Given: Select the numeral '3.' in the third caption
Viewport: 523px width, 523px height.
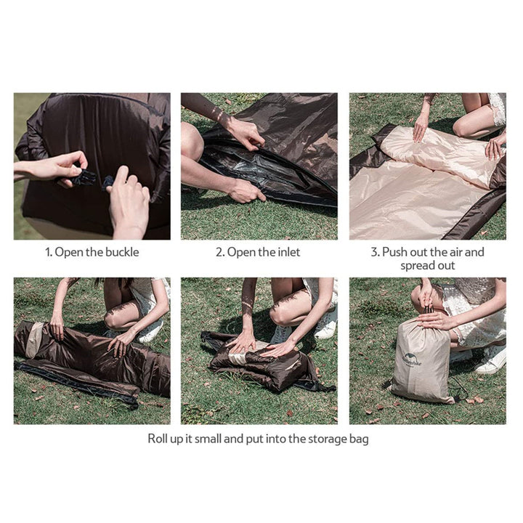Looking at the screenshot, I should pyautogui.click(x=376, y=252).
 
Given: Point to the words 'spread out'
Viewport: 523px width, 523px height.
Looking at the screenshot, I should pyautogui.click(x=427, y=266).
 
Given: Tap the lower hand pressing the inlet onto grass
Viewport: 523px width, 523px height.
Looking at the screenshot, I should pyautogui.click(x=245, y=191).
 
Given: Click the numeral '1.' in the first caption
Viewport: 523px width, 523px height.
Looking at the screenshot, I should pyautogui.click(x=49, y=252).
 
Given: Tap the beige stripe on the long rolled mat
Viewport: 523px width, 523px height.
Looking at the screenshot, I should pyautogui.click(x=33, y=340).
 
